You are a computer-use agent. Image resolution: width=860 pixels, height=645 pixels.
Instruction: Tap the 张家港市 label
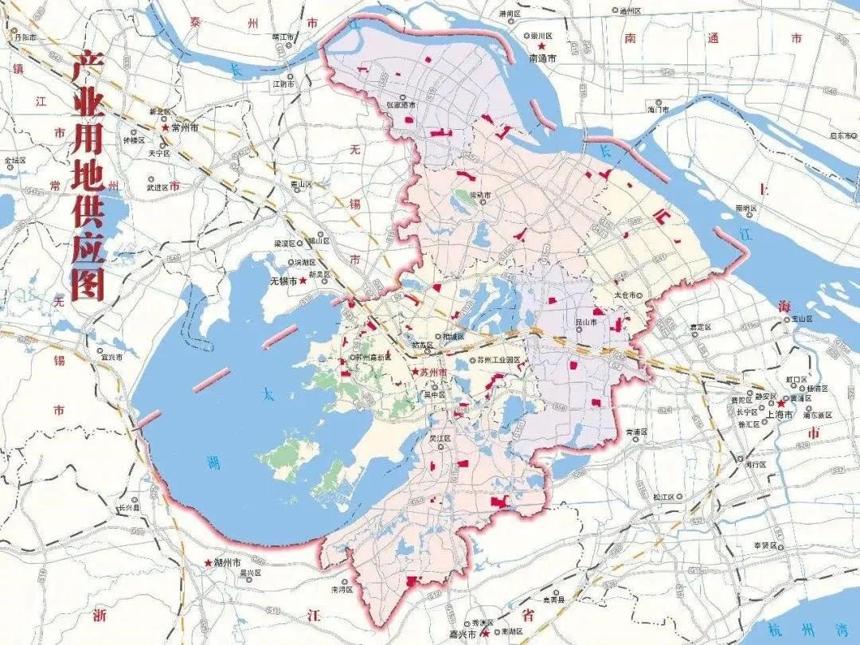(x=401, y=105)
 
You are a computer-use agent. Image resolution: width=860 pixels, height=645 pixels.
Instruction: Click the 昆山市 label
(x=608, y=320)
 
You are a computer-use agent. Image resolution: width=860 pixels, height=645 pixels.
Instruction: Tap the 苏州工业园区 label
(x=498, y=360)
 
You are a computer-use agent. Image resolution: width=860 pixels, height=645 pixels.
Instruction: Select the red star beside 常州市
(x=166, y=127)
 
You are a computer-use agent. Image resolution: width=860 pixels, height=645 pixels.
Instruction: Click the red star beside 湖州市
(x=208, y=562)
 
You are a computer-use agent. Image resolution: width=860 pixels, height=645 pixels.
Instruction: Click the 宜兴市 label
(x=111, y=358)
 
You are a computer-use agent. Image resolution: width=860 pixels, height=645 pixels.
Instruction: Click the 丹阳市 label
(x=24, y=37)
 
